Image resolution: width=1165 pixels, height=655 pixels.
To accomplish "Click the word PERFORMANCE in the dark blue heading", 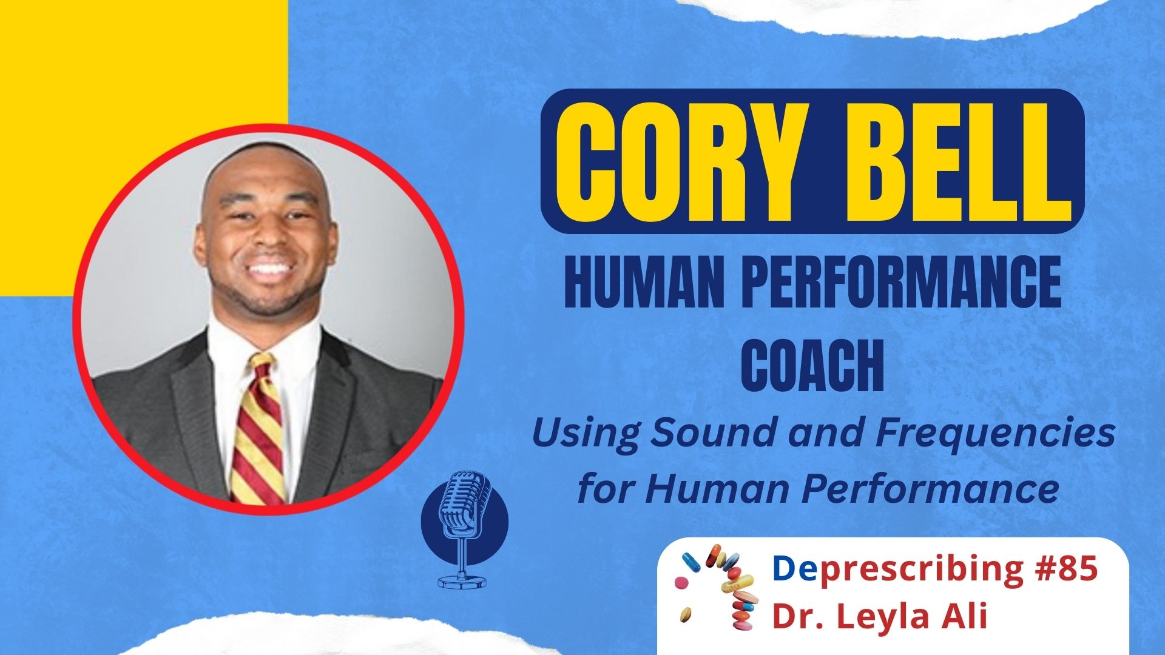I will tap(902, 282).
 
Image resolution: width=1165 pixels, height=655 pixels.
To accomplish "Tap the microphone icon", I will tap(464, 509).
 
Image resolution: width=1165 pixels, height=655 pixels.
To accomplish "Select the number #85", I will tap(1067, 568).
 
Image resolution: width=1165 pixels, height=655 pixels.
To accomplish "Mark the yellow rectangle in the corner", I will tap(143, 61).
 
